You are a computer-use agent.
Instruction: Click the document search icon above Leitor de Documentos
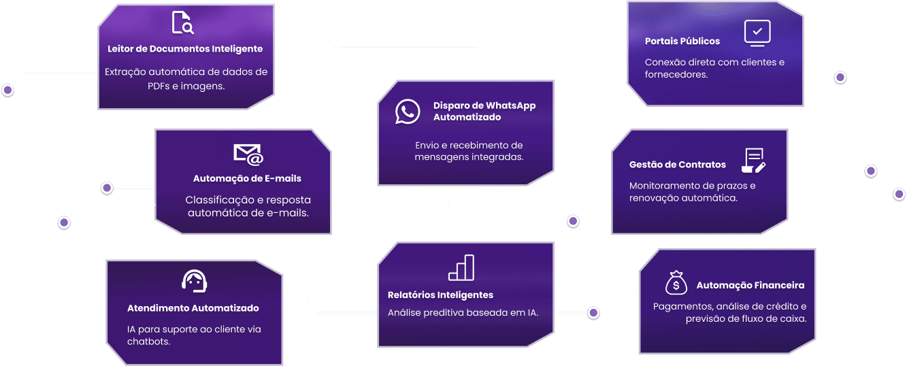(182, 22)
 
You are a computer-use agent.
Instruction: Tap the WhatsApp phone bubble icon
(408, 112)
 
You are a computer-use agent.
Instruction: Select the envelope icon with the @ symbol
(248, 154)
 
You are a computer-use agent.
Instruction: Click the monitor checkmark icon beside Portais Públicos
(757, 33)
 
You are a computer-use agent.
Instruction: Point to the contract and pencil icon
(753, 161)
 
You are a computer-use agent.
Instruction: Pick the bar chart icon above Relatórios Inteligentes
(461, 267)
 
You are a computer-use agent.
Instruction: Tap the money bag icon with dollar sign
(676, 282)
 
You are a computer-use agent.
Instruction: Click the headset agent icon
(195, 281)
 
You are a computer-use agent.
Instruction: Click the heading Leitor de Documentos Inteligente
(185, 49)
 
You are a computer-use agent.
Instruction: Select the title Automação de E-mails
(247, 178)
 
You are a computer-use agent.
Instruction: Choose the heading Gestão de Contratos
(678, 165)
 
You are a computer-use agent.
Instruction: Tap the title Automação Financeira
(751, 286)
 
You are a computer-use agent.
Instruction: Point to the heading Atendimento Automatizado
(193, 308)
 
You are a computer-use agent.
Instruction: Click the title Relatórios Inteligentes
(440, 295)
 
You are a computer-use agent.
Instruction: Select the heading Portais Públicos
(682, 41)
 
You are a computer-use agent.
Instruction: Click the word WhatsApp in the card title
(510, 105)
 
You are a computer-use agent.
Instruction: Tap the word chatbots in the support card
(148, 342)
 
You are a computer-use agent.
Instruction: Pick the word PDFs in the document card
(159, 86)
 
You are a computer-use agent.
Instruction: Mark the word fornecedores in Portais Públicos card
(676, 75)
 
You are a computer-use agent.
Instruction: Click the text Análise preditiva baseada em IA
(463, 313)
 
